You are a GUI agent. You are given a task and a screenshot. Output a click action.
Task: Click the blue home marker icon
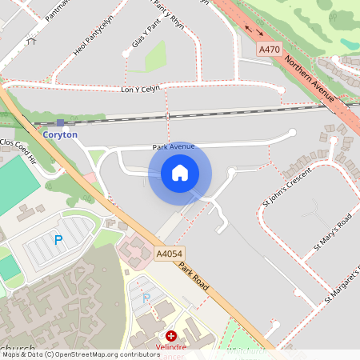tap(180, 173)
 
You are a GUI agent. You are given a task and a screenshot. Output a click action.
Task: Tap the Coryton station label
tap(61, 135)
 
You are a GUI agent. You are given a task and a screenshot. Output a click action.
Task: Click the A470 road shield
tap(270, 50)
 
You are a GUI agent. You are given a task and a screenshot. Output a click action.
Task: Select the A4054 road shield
tap(167, 254)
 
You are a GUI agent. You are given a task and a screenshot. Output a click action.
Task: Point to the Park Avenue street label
tap(174, 147)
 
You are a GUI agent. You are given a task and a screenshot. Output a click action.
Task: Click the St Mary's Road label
tap(333, 233)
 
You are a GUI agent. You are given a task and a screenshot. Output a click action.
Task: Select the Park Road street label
tap(194, 281)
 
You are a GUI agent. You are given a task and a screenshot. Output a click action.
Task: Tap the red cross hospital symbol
tap(170, 337)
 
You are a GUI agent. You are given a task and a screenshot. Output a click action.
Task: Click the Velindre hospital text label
tap(170, 348)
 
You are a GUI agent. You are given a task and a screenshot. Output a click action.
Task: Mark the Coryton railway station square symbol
tap(60, 123)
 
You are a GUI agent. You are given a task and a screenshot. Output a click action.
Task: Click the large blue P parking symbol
tap(58, 239)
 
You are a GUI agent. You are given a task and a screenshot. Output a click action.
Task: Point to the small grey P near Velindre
tap(146, 298)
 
